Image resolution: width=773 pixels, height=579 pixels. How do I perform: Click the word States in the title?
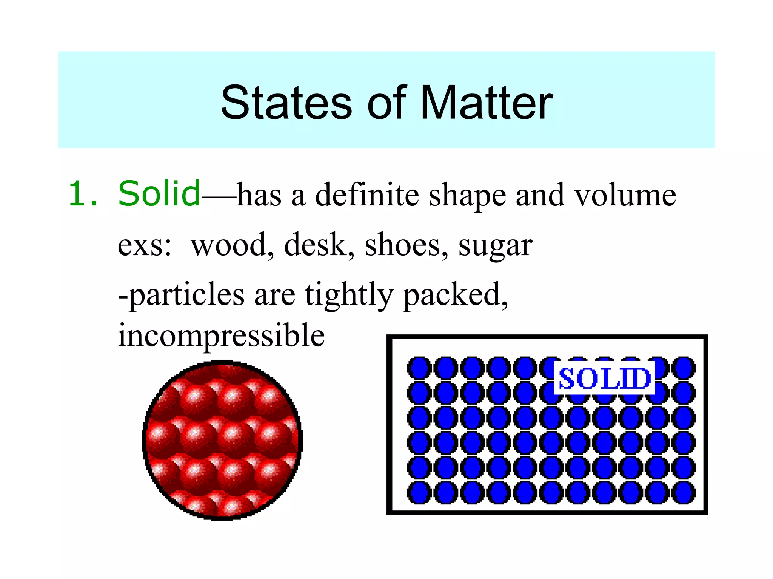click(286, 103)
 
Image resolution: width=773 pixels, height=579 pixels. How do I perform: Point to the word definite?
click(367, 195)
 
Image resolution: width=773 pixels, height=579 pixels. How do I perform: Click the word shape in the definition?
click(467, 196)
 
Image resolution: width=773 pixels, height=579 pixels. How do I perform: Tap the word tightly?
click(349, 295)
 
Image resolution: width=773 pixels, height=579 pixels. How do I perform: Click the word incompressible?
click(221, 335)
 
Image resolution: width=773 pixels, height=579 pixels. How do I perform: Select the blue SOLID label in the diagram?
click(604, 378)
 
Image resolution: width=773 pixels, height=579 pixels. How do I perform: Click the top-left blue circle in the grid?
click(419, 368)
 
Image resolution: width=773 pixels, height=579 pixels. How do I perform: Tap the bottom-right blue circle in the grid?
click(684, 493)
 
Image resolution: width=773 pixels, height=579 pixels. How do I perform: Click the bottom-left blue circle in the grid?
click(419, 493)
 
